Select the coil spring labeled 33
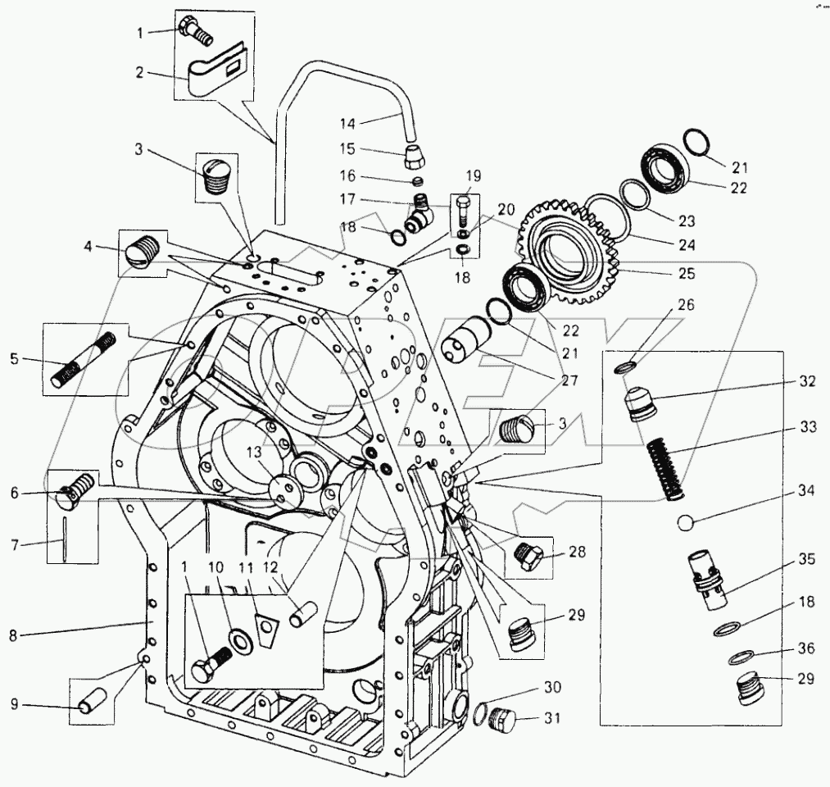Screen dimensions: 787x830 point(666,468)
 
